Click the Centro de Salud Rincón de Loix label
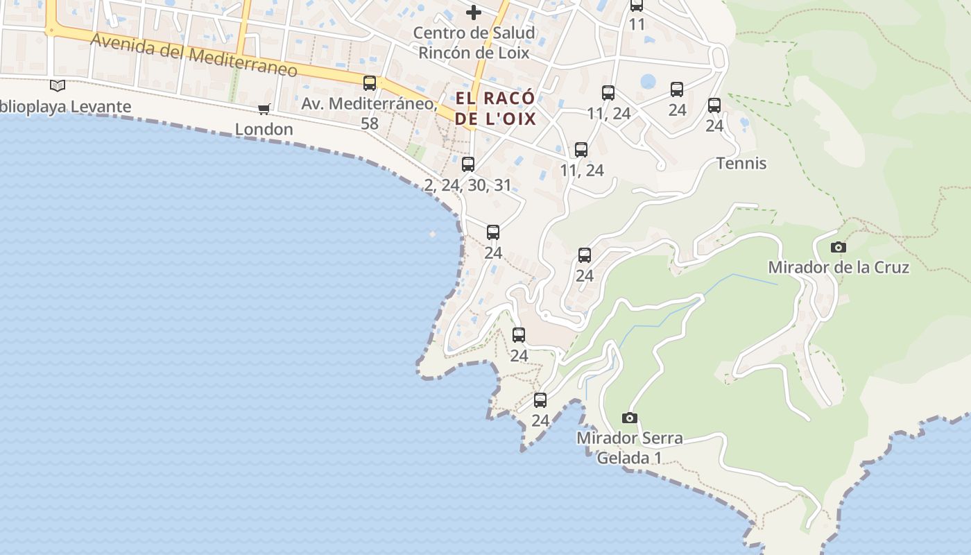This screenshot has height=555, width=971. point(474,42)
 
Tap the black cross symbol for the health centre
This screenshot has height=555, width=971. point(474,12)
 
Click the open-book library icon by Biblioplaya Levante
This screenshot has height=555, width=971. point(58,85)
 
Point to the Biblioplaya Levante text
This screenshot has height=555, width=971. point(65,106)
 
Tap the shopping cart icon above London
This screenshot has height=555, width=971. point(264,109)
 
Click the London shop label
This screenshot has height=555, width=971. point(264,129)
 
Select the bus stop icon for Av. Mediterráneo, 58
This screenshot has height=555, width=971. point(370,83)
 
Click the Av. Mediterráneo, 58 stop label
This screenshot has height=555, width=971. point(370,113)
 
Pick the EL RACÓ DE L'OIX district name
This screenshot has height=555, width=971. point(495,108)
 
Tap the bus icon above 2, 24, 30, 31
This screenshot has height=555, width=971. point(468,164)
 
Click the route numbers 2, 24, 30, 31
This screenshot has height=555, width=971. point(467,185)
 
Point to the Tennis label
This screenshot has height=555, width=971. point(741,163)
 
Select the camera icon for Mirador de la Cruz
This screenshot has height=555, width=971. point(838,247)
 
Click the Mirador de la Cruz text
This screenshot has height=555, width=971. point(838,267)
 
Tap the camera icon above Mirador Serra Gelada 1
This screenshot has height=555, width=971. point(629,418)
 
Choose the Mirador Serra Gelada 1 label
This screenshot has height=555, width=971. point(629,447)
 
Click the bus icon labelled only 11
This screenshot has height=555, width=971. point(636,6)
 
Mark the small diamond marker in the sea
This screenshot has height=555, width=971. point(433,234)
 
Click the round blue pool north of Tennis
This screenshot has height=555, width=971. point(648,82)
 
